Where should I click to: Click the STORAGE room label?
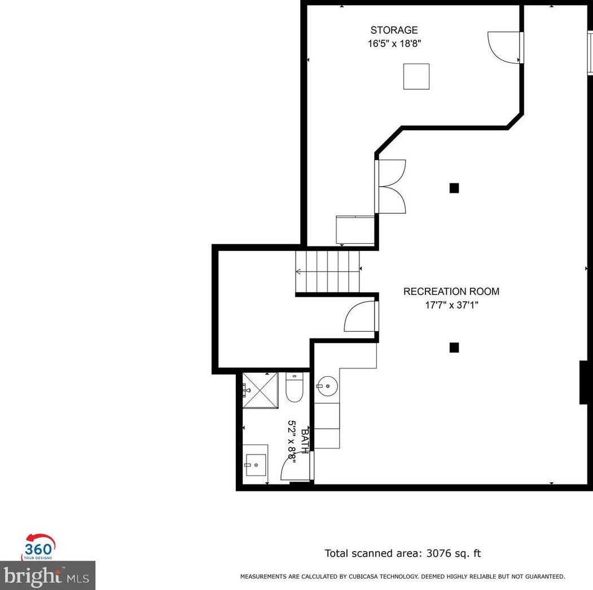tap(394, 30)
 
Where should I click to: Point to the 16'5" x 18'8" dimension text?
tap(394, 43)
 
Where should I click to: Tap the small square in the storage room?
tap(416, 76)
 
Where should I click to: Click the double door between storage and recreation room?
tap(392, 187)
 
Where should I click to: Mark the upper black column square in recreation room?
tap(454, 188)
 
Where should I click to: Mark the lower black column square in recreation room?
tap(454, 347)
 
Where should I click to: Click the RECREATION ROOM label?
tap(451, 292)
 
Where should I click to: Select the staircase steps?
tap(328, 271)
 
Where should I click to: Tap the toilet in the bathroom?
tap(295, 388)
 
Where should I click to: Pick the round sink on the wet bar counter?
tap(326, 386)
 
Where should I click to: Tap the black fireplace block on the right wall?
tap(585, 382)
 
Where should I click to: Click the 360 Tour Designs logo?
tap(39, 547)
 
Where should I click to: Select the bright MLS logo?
tap(47, 575)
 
